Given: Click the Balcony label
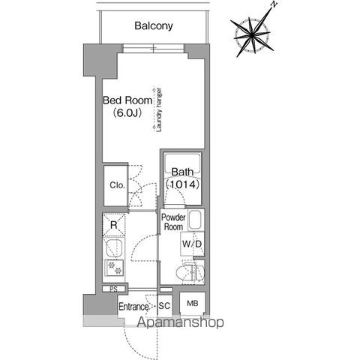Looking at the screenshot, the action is click(154, 26).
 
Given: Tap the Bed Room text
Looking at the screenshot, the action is click(127, 100).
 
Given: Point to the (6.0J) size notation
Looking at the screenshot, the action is click(127, 113).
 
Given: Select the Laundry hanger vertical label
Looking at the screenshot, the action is click(159, 109).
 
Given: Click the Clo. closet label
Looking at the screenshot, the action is click(117, 185).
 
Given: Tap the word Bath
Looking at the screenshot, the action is click(182, 172).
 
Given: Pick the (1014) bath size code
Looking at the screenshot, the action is click(182, 184).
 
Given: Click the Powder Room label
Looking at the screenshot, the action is click(173, 222).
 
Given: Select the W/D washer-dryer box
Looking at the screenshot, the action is click(192, 244).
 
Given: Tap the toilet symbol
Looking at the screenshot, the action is click(190, 272).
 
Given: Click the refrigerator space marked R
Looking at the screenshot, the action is click(114, 225).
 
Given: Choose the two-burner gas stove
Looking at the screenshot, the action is click(114, 268).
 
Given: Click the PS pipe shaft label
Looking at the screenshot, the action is click(113, 289).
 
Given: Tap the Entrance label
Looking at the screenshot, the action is click(133, 307).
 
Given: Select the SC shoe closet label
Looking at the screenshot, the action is click(164, 306).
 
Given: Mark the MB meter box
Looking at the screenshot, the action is click(193, 304).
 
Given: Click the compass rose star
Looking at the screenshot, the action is click(253, 35).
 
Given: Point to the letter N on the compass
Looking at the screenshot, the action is click(274, 4).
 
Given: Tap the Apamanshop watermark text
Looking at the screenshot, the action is click(180, 322).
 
